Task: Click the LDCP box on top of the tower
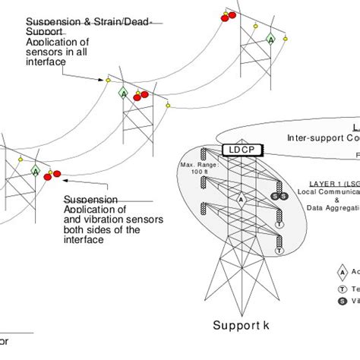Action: point(241,152)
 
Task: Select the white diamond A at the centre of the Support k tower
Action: point(241,199)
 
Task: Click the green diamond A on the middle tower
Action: point(123,93)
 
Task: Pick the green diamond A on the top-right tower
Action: point(270,38)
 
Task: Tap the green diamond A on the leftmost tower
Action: point(35,172)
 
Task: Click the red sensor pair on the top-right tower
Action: point(229,14)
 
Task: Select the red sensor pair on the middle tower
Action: point(141,95)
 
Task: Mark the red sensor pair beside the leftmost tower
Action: point(52,176)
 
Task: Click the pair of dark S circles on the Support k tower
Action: point(279,197)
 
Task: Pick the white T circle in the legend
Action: point(343,289)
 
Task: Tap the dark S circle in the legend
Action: point(343,301)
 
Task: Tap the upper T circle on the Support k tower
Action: point(279,225)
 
